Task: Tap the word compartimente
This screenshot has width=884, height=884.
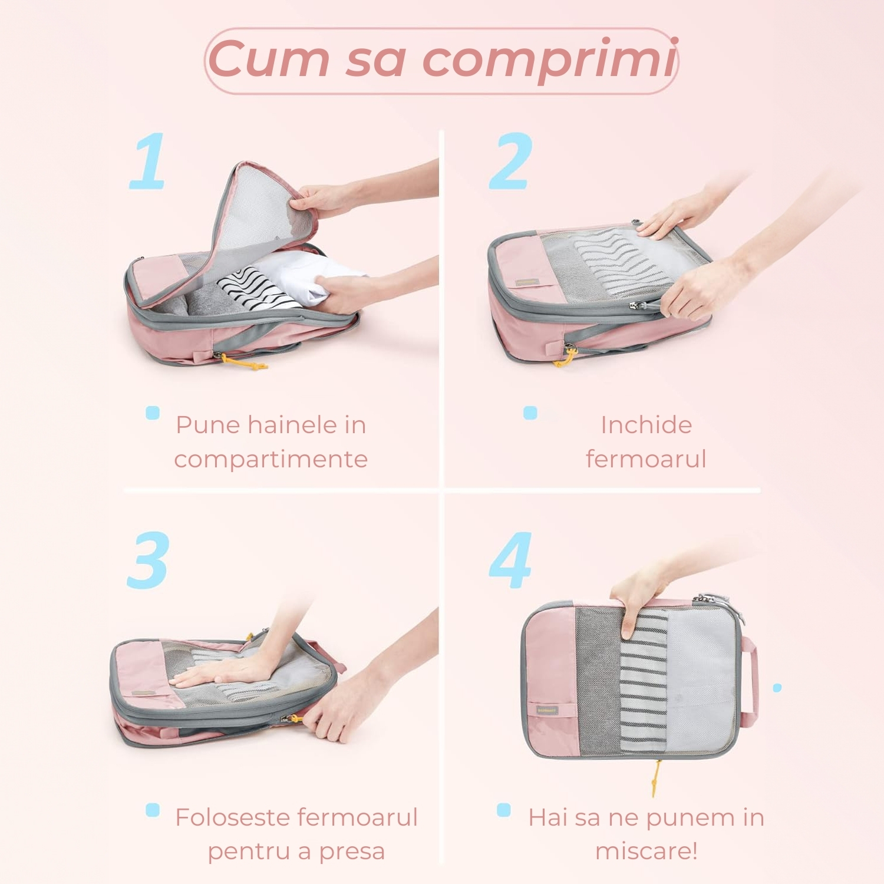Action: pyautogui.click(x=271, y=459)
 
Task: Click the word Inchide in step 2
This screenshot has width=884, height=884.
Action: pyautogui.click(x=646, y=424)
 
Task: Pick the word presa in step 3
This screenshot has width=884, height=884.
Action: pyautogui.click(x=352, y=852)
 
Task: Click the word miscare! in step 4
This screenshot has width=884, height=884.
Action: pyautogui.click(x=646, y=851)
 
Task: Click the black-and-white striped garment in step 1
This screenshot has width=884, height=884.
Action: pyautogui.click(x=258, y=288)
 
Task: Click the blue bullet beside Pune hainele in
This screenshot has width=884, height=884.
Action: pyautogui.click(x=153, y=413)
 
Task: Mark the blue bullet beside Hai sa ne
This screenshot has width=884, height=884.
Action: pyautogui.click(x=504, y=810)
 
